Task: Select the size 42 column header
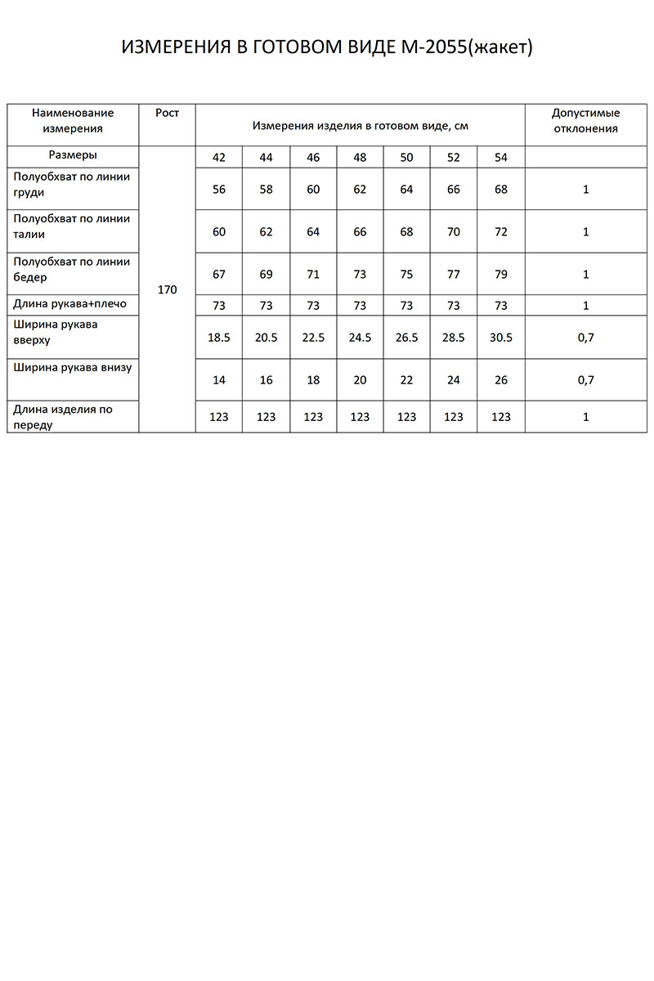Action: [x=219, y=157]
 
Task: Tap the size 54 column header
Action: [x=501, y=157]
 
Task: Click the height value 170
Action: [x=168, y=289]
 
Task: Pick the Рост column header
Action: [x=168, y=113]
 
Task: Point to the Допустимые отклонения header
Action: [x=585, y=120]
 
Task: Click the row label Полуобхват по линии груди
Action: [x=72, y=184]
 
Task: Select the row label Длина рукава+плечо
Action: [x=70, y=303]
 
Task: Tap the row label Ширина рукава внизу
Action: [x=73, y=368]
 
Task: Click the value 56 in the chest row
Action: [x=219, y=190]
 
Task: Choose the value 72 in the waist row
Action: [x=501, y=232]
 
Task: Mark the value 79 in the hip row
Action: [x=501, y=275]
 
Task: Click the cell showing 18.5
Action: [x=219, y=337]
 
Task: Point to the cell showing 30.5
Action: [x=501, y=337]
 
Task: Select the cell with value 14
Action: [x=219, y=380]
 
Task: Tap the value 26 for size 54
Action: [x=501, y=380]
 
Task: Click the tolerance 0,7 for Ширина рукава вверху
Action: [x=585, y=337]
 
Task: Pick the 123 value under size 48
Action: [x=360, y=417]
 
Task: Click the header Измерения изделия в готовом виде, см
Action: [x=360, y=126]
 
